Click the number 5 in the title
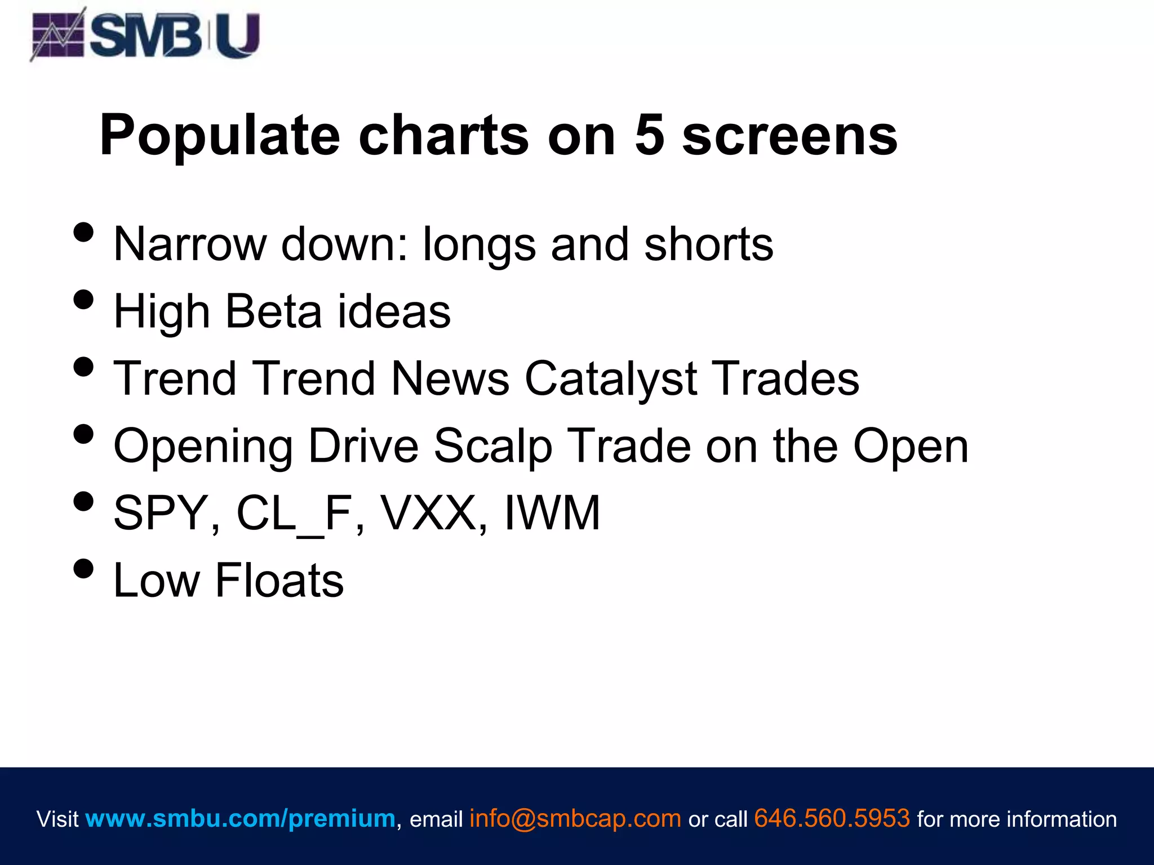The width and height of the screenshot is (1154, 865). pos(649,135)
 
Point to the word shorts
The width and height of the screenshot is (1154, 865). pos(708,244)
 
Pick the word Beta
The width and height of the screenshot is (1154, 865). pos(273,311)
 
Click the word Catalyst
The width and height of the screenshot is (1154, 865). pos(611,378)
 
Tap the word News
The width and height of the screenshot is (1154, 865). pos(450,378)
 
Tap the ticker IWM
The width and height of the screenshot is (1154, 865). pos(552,513)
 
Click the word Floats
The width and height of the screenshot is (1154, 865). pos(279,580)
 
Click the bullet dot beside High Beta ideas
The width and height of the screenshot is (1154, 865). pos(83,300)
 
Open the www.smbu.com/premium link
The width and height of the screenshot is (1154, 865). pos(241,818)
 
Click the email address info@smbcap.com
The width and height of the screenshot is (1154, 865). pos(575,818)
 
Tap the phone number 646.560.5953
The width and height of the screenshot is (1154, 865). pos(832,818)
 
